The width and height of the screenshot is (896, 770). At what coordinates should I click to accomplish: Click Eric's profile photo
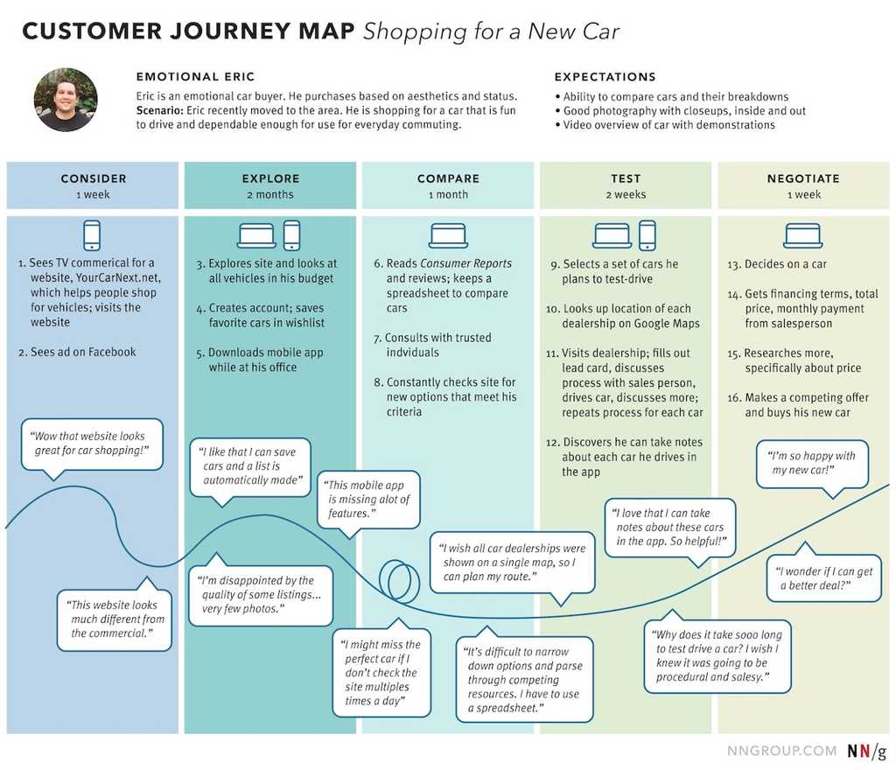click(66, 100)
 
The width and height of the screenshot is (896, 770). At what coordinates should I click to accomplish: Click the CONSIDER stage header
click(93, 178)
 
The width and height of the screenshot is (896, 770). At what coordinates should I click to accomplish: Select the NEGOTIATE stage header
click(802, 178)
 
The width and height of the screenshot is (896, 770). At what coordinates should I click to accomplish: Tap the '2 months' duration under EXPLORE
click(270, 195)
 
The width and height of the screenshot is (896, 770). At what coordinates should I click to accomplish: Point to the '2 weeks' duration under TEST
click(626, 195)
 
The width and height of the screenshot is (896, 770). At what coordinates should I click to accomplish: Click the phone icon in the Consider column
click(92, 235)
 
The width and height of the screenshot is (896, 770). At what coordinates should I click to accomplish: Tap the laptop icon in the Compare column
click(448, 235)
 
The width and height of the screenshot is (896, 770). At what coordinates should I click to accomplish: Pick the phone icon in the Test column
click(647, 235)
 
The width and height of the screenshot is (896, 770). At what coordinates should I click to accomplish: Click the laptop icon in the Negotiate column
click(802, 235)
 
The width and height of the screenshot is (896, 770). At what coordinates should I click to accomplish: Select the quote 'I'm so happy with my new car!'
click(812, 463)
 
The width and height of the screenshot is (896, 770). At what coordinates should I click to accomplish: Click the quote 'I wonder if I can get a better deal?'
click(823, 577)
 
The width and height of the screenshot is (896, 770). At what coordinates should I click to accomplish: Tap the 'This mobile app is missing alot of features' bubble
click(368, 499)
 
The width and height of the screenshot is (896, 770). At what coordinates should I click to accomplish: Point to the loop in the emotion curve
click(398, 580)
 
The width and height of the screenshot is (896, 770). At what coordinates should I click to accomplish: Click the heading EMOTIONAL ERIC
click(195, 77)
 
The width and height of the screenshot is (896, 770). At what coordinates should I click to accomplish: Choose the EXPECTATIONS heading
click(605, 77)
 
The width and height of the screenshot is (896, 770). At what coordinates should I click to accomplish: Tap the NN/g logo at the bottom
click(866, 752)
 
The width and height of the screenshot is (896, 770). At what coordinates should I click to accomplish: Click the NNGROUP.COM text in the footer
click(781, 752)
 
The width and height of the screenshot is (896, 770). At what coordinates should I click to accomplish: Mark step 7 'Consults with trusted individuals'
click(437, 345)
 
